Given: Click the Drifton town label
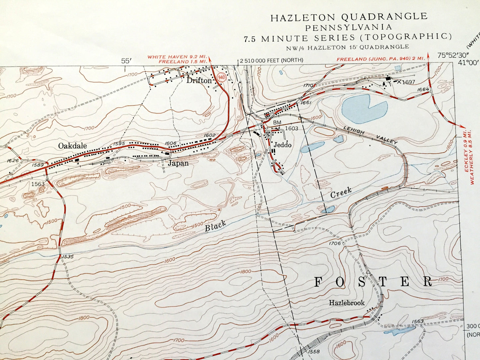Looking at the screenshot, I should (199, 80).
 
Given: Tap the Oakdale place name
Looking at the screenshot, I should (72, 146).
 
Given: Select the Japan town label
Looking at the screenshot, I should (178, 163).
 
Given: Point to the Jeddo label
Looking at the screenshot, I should (282, 145).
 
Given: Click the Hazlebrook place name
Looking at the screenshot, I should (346, 303).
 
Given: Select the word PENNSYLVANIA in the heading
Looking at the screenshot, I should (349, 27).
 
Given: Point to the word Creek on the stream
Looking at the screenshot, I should (341, 193).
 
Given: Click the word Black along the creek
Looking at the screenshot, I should (215, 226).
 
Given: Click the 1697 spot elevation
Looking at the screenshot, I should (408, 82).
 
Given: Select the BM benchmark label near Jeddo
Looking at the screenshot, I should (277, 123).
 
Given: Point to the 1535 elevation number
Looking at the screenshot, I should (67, 257).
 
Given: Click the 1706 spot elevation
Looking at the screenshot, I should (335, 243).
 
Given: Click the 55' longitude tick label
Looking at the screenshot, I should (126, 61).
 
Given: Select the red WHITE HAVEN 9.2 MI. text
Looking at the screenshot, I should (177, 57).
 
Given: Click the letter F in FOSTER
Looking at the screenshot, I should (318, 282).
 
